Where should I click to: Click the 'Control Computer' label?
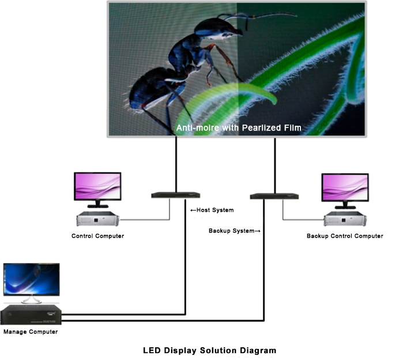pyautogui.click(x=97, y=236)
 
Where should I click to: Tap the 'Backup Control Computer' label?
pyautogui.click(x=344, y=236)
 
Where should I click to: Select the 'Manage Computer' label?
pyautogui.click(x=30, y=332)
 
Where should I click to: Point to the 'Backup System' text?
pyautogui.click(x=231, y=231)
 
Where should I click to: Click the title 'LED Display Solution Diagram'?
pyautogui.click(x=209, y=350)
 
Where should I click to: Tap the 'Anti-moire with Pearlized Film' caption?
pyautogui.click(x=239, y=127)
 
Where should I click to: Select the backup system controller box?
pyautogui.click(x=274, y=196)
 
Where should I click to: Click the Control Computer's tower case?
pyautogui.click(x=98, y=220)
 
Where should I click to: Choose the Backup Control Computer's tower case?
pyautogui.click(x=345, y=220)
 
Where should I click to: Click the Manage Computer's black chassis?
pyautogui.click(x=30, y=315)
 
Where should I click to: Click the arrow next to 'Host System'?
pyautogui.click(x=193, y=210)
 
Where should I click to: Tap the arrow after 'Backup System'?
pyautogui.click(x=258, y=231)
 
